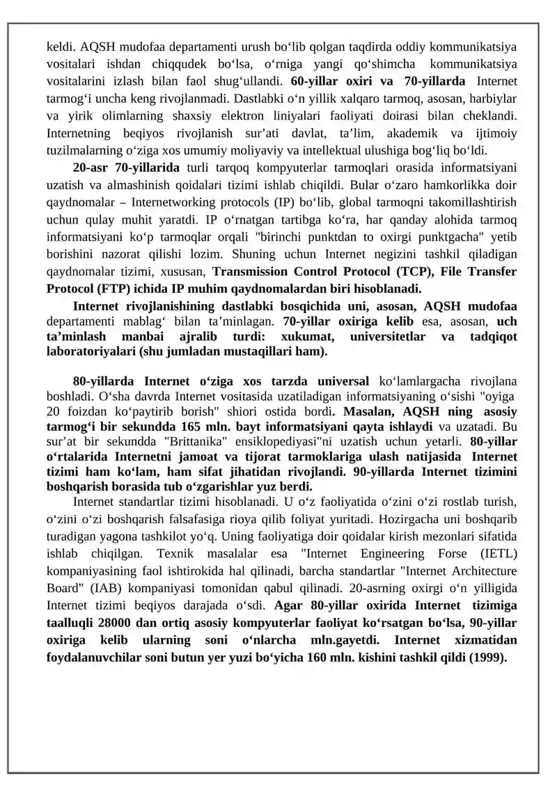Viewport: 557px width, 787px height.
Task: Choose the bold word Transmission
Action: [251, 271]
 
